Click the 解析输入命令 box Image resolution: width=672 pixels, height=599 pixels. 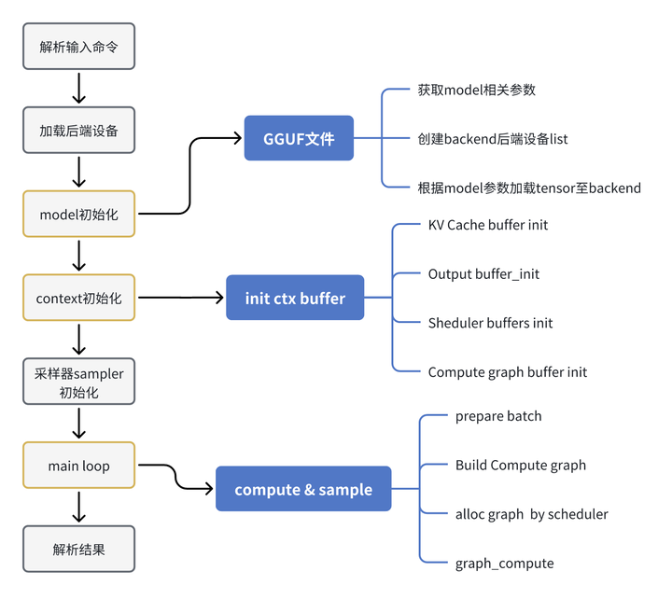[79, 46]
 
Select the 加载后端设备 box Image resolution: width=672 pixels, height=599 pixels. [79, 131]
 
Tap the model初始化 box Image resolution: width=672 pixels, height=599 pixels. [79, 214]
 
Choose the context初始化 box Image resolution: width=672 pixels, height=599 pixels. [79, 298]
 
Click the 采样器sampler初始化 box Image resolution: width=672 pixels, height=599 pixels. [79, 383]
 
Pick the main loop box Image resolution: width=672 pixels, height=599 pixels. [79, 466]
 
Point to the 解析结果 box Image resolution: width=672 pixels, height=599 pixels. [79, 549]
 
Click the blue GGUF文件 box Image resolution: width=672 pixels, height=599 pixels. [299, 139]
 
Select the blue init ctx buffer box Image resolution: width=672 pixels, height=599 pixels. [295, 298]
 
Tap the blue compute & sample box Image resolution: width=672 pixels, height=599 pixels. [303, 489]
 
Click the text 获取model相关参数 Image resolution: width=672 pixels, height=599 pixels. [476, 91]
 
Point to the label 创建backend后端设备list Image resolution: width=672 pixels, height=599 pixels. [493, 139]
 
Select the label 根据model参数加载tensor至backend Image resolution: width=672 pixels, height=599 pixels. [529, 188]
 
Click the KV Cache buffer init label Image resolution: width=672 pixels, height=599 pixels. [488, 225]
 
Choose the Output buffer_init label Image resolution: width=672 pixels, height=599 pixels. [483, 273]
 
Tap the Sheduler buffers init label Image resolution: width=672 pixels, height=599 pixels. [490, 323]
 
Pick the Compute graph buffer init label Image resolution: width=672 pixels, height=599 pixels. [508, 371]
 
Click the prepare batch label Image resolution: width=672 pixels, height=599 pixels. [498, 416]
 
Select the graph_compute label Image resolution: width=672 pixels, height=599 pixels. [504, 563]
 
